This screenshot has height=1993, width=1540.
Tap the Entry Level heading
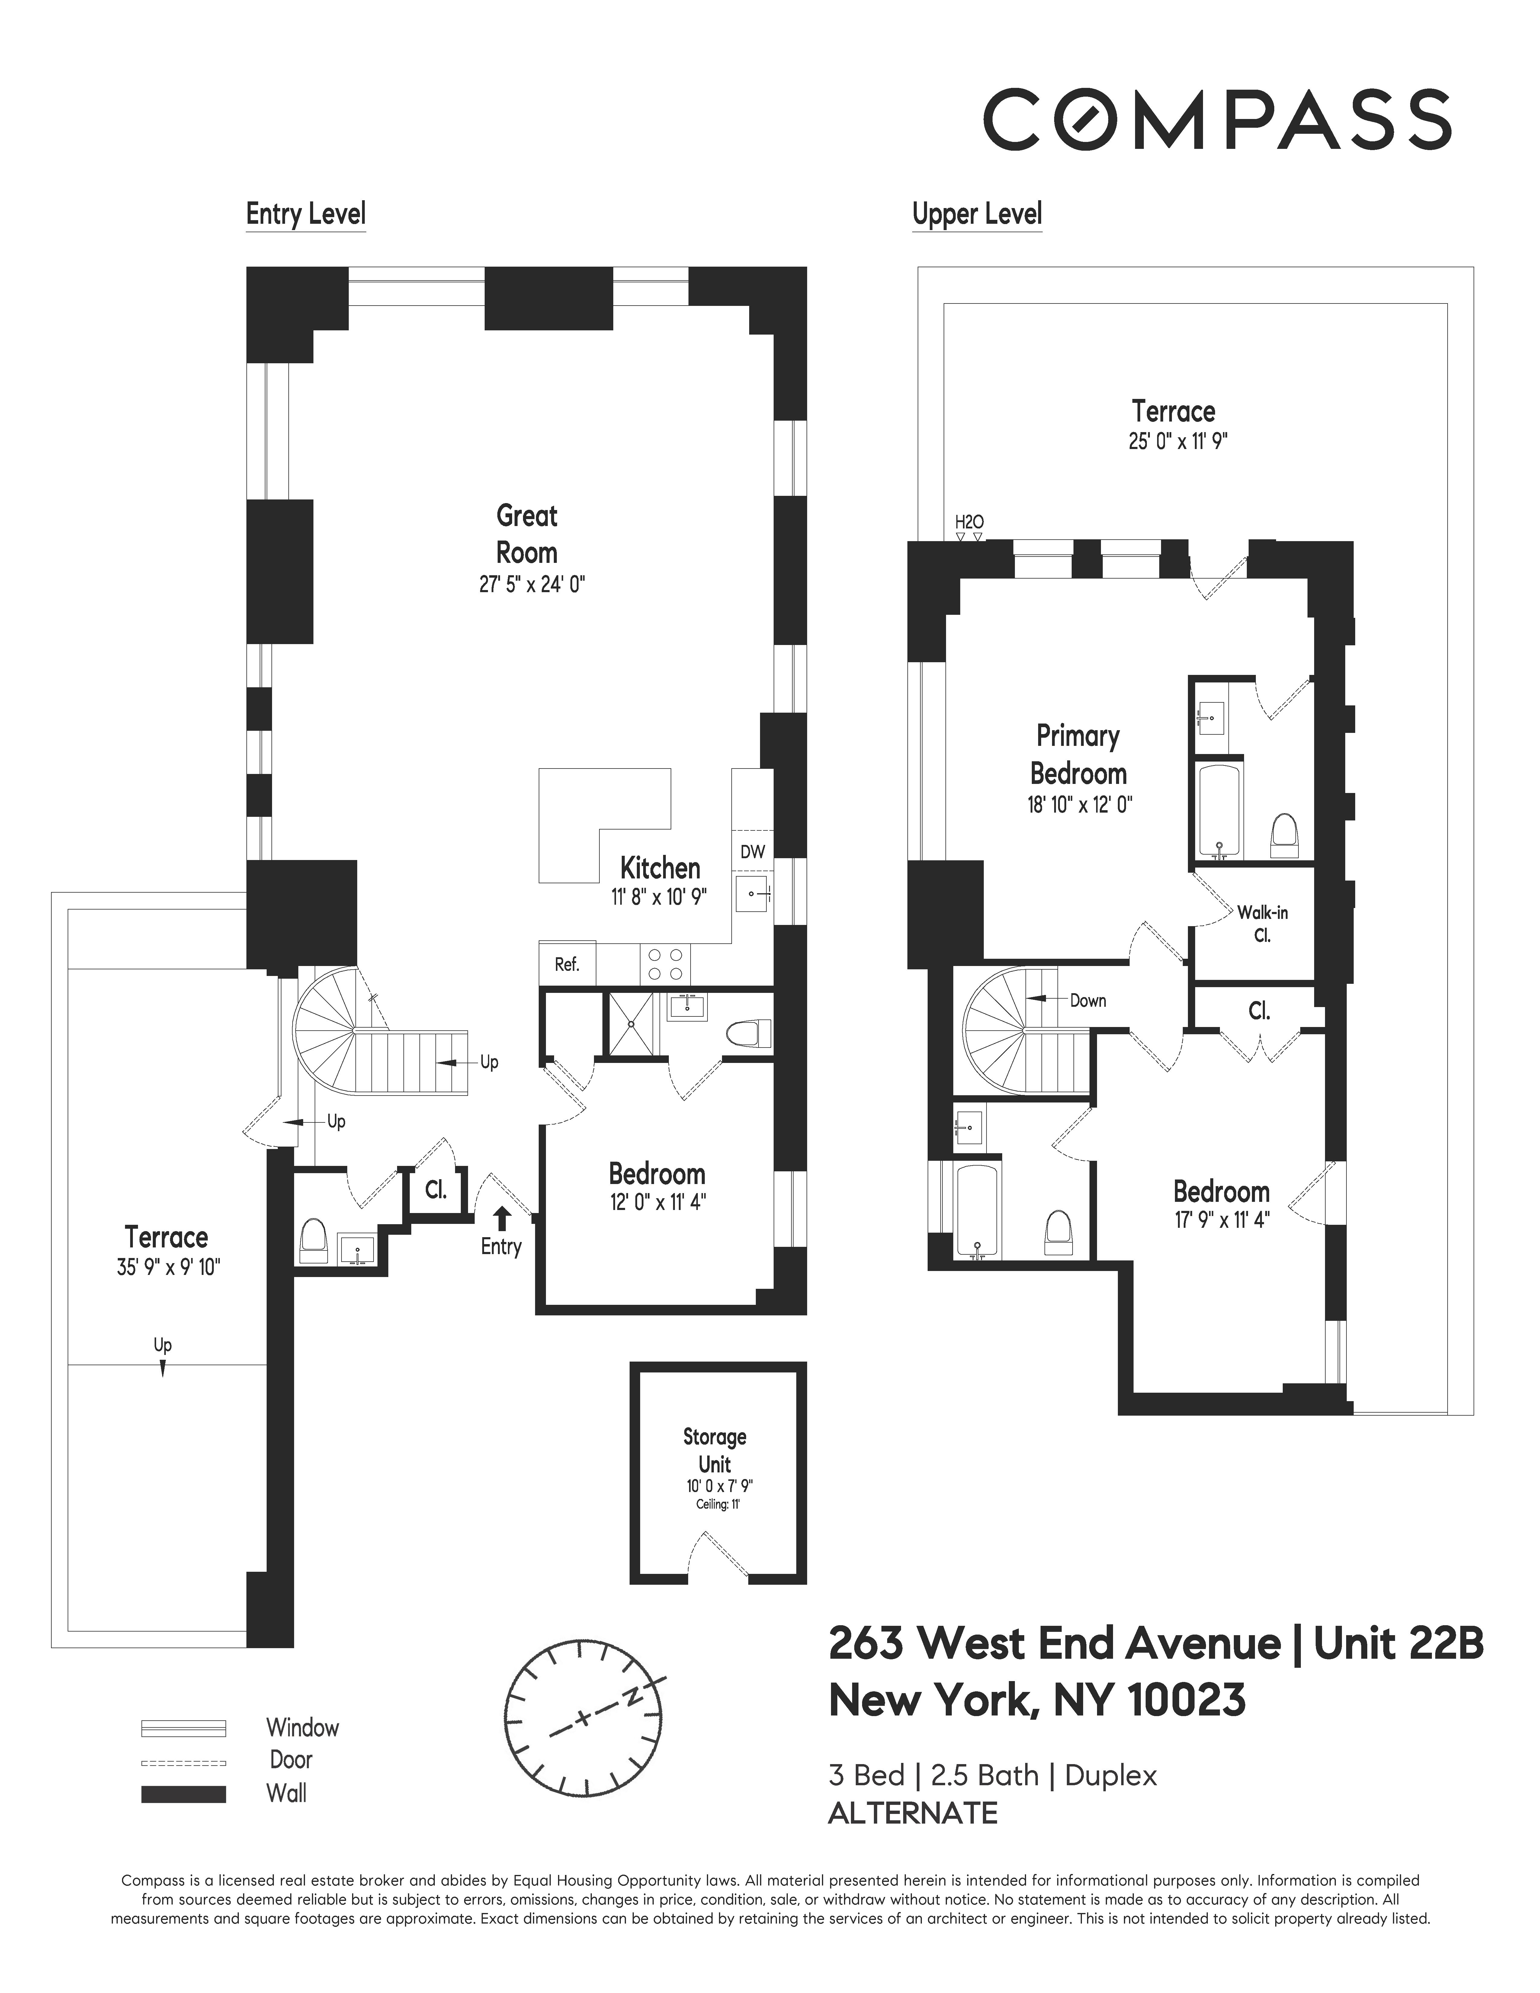306,214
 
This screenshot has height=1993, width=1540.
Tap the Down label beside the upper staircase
1087,1000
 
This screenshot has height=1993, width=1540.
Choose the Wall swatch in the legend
183,1794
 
